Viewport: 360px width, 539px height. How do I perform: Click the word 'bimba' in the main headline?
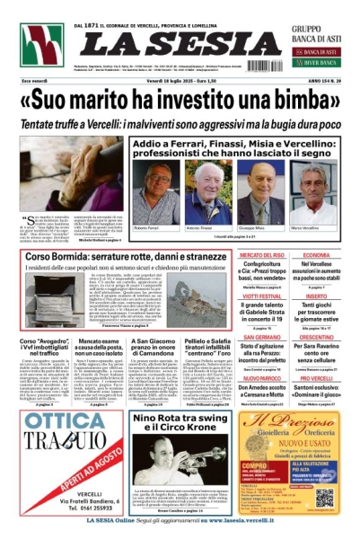[300, 97]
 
